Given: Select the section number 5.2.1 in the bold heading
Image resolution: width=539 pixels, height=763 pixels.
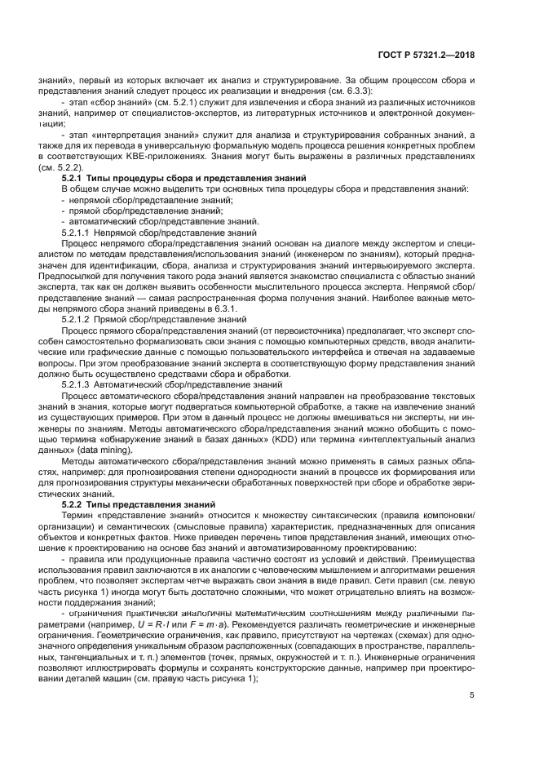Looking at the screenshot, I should [x=75, y=178].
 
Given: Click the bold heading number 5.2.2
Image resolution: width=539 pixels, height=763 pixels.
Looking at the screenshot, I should [x=75, y=505].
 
